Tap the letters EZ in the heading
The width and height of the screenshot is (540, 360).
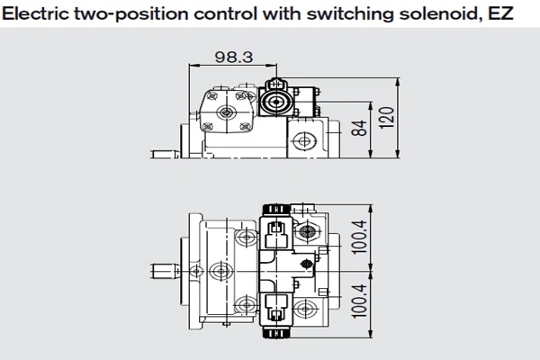tap(500, 13)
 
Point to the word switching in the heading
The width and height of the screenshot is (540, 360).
tap(351, 14)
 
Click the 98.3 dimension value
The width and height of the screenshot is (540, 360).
tap(234, 57)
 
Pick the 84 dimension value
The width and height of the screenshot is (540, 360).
tap(359, 128)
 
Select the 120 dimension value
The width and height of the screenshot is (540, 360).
tap(387, 118)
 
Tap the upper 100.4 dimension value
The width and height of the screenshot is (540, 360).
tap(359, 238)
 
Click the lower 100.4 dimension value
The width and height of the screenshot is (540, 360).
tap(359, 301)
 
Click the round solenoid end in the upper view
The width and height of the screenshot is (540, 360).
tap(276, 102)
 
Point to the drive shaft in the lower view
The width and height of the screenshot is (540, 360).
tap(165, 271)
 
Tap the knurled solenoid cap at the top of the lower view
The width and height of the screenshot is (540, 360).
tap(276, 209)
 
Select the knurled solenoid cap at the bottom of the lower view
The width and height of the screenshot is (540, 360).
tap(276, 333)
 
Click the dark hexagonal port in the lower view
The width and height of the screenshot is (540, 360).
tap(306, 231)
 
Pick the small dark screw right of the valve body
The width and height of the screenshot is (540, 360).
tap(307, 265)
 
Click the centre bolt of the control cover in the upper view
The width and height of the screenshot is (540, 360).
tap(226, 112)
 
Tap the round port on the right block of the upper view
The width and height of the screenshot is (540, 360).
tap(304, 140)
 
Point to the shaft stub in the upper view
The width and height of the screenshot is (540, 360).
tap(165, 154)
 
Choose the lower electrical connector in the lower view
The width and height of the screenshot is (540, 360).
tap(275, 309)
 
